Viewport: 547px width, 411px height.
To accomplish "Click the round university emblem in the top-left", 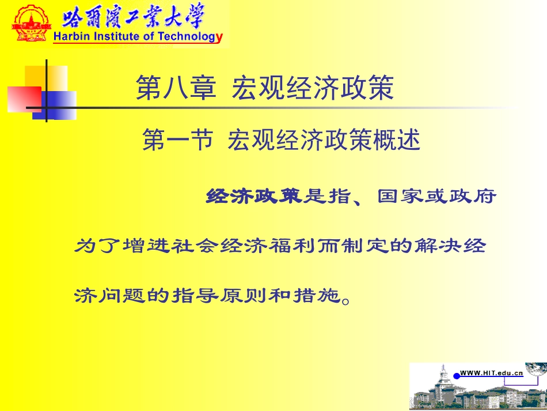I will click(x=29, y=23).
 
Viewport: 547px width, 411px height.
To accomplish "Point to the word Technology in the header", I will click(x=189, y=37).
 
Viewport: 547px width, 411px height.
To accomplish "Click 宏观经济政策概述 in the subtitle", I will click(x=324, y=140).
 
